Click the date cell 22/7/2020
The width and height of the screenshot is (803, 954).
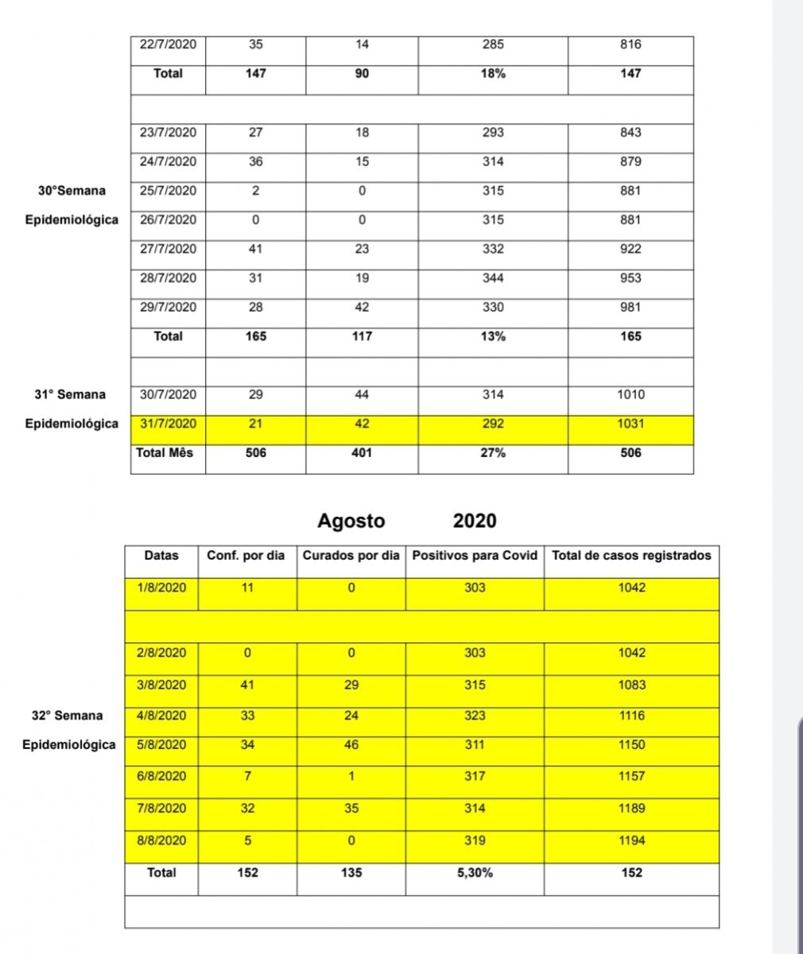(x=168, y=45)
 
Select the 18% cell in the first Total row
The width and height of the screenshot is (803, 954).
(x=493, y=73)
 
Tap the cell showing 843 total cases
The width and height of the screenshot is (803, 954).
(x=630, y=133)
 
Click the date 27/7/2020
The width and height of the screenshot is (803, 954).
(x=168, y=249)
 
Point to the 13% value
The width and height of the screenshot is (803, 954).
(x=493, y=336)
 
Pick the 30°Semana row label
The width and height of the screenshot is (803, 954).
(x=72, y=191)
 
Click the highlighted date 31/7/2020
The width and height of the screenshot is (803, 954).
(x=168, y=424)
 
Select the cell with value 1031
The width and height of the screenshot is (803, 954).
(x=630, y=424)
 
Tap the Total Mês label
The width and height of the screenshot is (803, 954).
(x=165, y=453)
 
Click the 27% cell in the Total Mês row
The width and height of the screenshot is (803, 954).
(x=493, y=453)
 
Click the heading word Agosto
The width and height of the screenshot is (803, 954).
(x=351, y=522)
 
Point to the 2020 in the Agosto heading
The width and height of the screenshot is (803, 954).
(x=475, y=522)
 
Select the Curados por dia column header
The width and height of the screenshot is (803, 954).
(x=351, y=556)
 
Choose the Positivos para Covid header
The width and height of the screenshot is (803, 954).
(x=475, y=556)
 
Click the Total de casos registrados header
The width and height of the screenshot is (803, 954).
(x=631, y=556)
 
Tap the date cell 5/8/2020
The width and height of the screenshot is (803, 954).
(x=161, y=745)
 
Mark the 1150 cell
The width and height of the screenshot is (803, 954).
(x=632, y=745)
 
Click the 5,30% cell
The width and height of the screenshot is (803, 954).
(x=475, y=873)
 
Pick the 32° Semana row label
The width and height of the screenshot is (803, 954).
(x=67, y=715)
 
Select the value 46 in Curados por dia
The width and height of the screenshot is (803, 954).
(x=351, y=745)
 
